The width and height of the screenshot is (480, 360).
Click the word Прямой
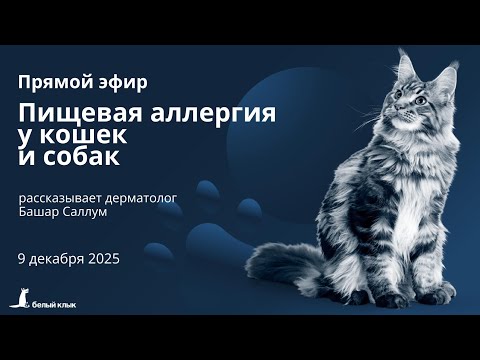click(50, 80)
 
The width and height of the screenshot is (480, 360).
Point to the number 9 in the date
click(22, 258)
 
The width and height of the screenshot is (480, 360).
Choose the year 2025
click(103, 258)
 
